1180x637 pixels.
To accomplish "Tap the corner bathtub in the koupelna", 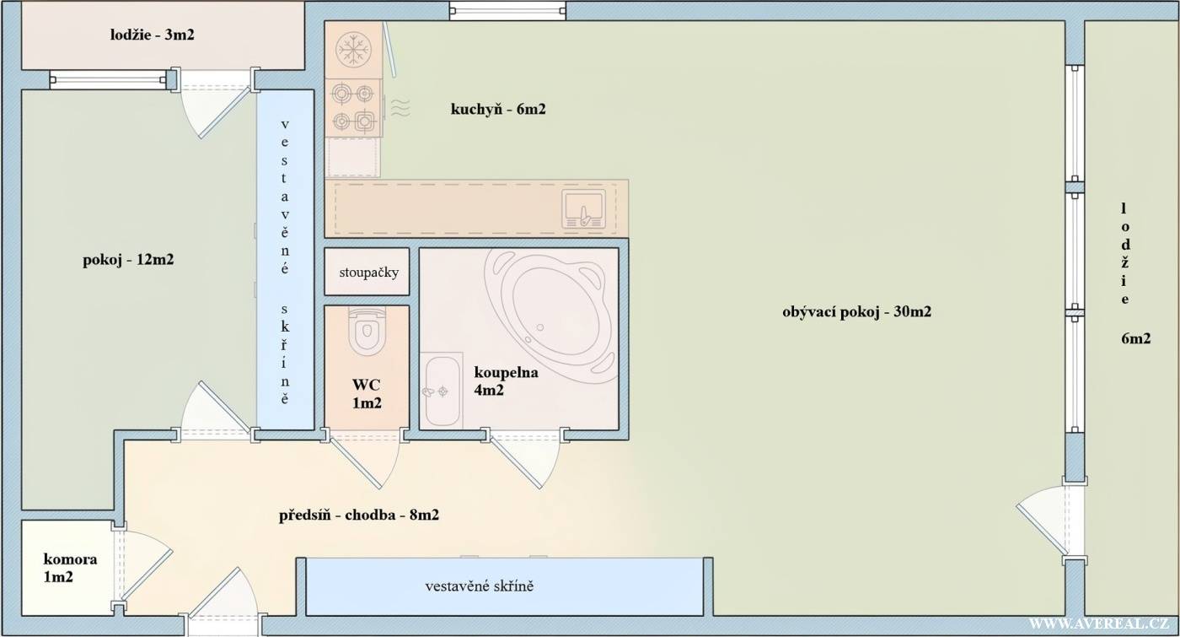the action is click(551, 311).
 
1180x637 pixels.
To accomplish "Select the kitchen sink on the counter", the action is click(583, 209).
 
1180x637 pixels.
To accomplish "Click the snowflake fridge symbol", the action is click(353, 50).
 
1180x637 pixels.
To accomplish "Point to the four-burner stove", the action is click(353, 108).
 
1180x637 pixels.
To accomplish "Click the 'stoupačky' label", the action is click(369, 273).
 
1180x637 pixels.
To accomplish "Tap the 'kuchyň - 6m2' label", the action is click(498, 109).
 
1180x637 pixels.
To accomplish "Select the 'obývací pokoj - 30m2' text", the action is click(856, 311).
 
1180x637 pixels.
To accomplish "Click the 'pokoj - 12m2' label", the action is click(128, 260).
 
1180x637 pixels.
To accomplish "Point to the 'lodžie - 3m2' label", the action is click(153, 35).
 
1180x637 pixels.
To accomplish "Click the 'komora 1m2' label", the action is click(69, 568).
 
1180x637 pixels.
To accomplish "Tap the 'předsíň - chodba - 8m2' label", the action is click(359, 515).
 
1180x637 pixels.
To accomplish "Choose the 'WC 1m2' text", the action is click(367, 394).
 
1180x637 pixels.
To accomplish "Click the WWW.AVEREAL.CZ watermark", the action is click(1098, 624).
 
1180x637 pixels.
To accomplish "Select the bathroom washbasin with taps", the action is click(442, 390).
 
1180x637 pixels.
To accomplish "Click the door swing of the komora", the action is click(146, 565).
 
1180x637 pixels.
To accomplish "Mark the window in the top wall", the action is click(507, 10).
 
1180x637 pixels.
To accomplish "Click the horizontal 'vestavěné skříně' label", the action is click(480, 586).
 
